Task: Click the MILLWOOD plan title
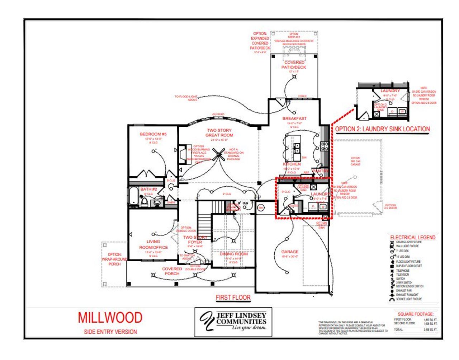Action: (110, 318)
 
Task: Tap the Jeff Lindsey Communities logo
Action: (233, 322)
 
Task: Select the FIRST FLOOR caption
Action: (233, 298)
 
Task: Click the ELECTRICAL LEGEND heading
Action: (413, 238)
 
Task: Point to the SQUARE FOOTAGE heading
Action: (415, 314)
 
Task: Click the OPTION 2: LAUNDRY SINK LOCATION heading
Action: (382, 129)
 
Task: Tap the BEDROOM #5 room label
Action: (153, 134)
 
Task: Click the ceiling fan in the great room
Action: (218, 155)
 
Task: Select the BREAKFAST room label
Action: (294, 118)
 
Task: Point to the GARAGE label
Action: (290, 252)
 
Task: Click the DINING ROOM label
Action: (233, 254)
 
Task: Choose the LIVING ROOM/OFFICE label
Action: (153, 244)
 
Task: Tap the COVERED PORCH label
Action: (172, 271)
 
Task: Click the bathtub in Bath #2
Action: (133, 197)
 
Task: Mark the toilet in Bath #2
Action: (144, 203)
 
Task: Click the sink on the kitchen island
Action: (297, 147)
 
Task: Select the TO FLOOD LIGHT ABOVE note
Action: (186, 98)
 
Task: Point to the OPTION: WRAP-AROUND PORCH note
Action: (114, 259)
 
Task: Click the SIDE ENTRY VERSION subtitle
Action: (110, 332)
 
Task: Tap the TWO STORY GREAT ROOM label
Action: (219, 133)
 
